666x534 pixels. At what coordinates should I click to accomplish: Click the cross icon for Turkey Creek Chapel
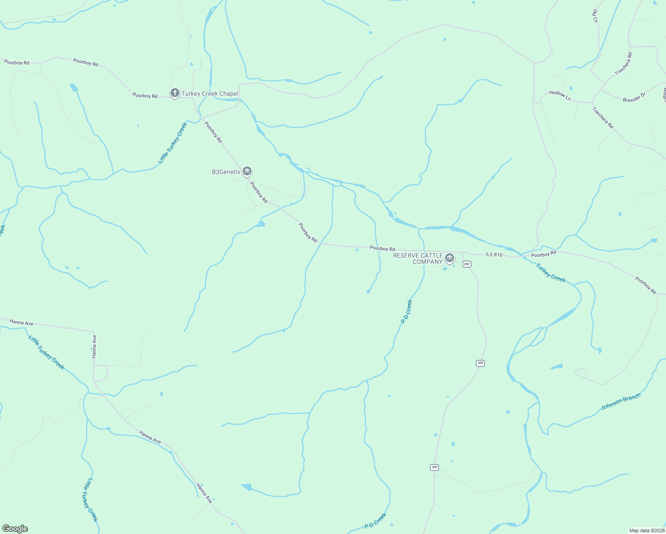[x=175, y=93]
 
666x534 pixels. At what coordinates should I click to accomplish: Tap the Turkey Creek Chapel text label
[x=210, y=93]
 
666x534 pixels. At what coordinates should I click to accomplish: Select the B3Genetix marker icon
[x=247, y=171]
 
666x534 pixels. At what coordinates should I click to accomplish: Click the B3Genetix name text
[x=226, y=172]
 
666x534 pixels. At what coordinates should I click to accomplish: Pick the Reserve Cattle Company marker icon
[x=450, y=258]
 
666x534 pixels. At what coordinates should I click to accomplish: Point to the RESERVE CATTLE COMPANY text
[x=418, y=259]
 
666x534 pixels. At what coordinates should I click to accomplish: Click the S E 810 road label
[x=494, y=255]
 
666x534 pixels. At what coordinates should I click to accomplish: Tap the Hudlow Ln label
[x=560, y=95]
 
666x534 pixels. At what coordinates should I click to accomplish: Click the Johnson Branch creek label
[x=621, y=401]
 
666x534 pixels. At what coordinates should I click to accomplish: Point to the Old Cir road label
[x=595, y=16]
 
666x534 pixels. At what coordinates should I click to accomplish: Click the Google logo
[x=15, y=529]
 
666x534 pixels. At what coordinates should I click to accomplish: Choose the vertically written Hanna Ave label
[x=94, y=347]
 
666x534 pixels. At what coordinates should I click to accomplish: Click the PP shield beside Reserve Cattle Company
[x=467, y=264]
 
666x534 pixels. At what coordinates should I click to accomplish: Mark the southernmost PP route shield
[x=435, y=467]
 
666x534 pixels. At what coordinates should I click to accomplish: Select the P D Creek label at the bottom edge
[x=375, y=521]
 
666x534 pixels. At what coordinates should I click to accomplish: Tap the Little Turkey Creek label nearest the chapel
[x=173, y=143]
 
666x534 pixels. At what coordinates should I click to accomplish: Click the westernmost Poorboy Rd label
[x=16, y=62]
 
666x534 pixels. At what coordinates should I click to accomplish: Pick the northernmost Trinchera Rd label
[x=623, y=64]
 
